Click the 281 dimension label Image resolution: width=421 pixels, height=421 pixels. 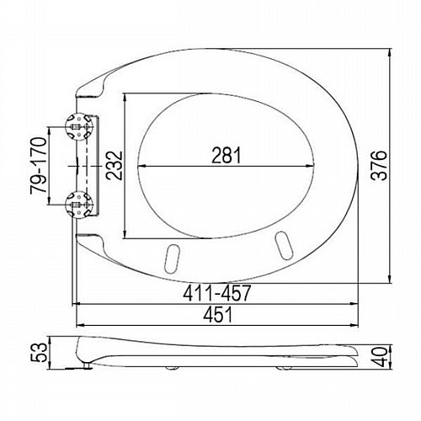226,156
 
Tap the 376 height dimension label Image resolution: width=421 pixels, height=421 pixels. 379,165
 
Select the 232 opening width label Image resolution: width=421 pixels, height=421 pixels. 115,166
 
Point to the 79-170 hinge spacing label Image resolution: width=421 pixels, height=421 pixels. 39,166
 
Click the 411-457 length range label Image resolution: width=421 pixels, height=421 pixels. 216,293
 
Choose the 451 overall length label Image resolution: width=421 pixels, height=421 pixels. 218,314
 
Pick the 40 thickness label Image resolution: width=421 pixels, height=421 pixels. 380,357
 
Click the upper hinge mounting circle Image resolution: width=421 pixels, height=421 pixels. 78,127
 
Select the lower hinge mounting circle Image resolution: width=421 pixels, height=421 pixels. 78,205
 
